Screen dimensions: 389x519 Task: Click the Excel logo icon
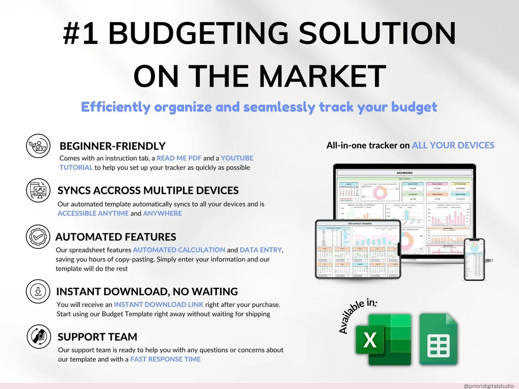click(383, 338)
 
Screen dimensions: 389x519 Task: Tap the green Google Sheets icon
click(438, 338)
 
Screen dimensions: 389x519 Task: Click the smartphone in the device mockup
click(474, 259)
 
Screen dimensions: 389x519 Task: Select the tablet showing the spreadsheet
click(358, 249)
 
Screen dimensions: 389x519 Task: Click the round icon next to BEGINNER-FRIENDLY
click(38, 146)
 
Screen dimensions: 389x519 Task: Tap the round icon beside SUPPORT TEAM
click(38, 337)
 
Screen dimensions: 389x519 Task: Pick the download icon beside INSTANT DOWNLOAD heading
click(38, 291)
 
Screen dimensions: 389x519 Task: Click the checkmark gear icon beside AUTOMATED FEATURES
click(38, 237)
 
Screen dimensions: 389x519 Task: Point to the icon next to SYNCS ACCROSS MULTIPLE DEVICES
click(38, 191)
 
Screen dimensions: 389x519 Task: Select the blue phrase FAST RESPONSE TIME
click(165, 359)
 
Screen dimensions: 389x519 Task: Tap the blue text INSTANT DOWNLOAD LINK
click(159, 304)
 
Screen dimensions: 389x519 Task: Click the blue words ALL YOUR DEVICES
click(453, 145)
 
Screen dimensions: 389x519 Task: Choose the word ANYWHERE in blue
click(162, 213)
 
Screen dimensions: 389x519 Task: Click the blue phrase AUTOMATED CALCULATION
click(179, 250)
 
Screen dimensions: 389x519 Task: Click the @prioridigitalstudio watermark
click(489, 385)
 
